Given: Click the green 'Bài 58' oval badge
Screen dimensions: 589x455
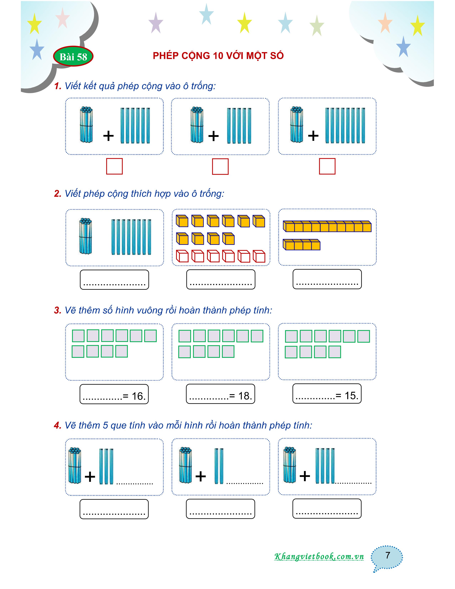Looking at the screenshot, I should pyautogui.click(x=73, y=57).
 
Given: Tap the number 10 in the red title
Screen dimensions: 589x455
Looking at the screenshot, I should pyautogui.click(x=218, y=56).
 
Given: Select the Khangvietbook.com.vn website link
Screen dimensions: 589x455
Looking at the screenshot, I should pyautogui.click(x=319, y=556).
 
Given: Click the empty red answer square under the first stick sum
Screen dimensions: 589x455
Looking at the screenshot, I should pyautogui.click(x=114, y=166).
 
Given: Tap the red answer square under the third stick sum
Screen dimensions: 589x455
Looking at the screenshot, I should pyautogui.click(x=327, y=166).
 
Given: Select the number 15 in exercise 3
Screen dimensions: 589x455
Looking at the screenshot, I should pyautogui.click(x=351, y=396).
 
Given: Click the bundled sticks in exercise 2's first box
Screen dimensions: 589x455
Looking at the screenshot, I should pyautogui.click(x=85, y=236).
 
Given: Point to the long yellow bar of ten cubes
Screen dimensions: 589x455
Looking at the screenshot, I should pyautogui.click(x=327, y=226).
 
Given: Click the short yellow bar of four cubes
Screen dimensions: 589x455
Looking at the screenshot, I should pyautogui.click(x=301, y=245).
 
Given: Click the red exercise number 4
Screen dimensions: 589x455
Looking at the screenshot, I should pyautogui.click(x=57, y=425).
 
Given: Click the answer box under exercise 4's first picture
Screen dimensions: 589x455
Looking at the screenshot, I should pyautogui.click(x=114, y=509).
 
